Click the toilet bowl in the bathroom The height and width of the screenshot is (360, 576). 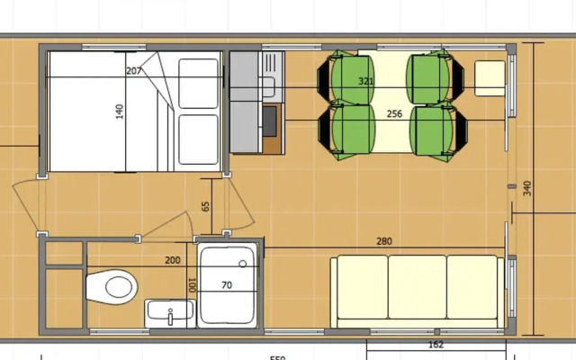(117, 288)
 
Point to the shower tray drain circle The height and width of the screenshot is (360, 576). (243, 264)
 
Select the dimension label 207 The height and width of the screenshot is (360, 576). (134, 71)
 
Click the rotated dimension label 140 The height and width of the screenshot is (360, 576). (120, 112)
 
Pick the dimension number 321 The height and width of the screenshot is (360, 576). (365, 81)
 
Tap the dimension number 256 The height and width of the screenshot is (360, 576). (394, 113)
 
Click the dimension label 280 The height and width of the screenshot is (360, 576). (383, 240)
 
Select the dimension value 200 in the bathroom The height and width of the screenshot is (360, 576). (173, 260)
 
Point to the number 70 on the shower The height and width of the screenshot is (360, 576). (227, 285)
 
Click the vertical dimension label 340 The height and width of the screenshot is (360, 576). (526, 188)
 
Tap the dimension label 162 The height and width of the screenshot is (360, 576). (436, 345)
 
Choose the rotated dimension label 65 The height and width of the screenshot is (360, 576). (206, 206)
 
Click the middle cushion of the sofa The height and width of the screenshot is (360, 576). (418, 287)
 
